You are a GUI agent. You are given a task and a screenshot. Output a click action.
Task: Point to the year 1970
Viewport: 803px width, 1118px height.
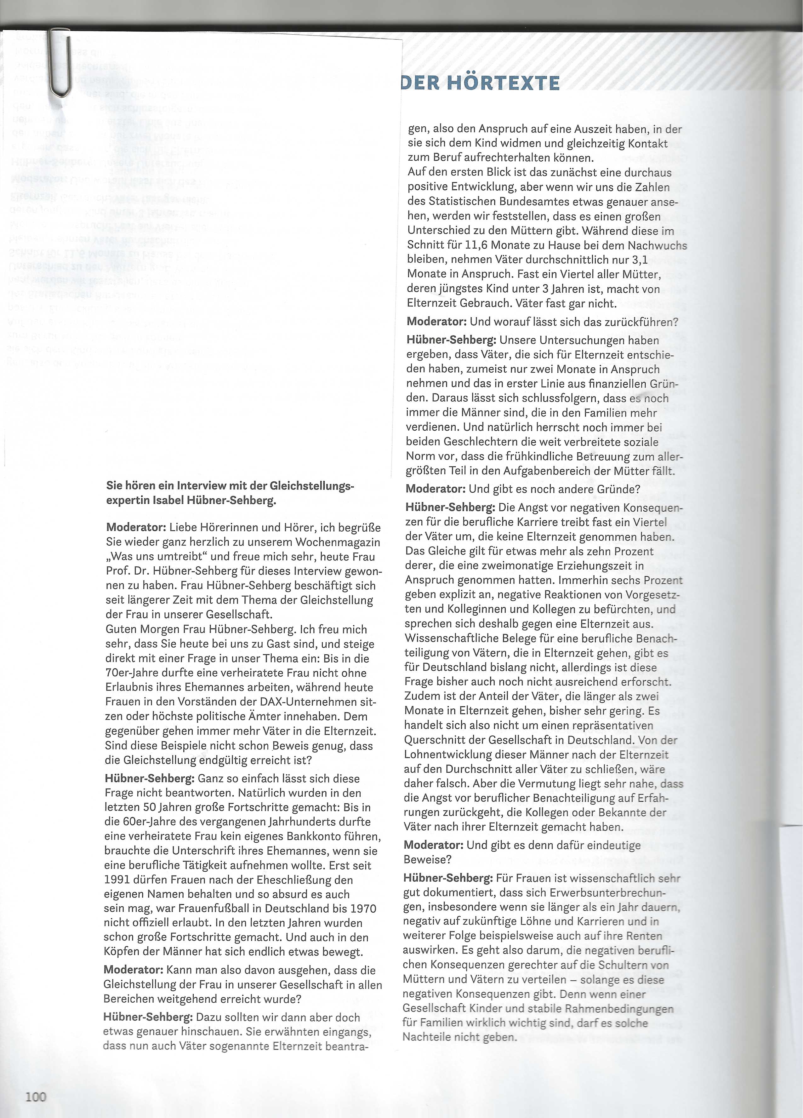(x=364, y=908)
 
